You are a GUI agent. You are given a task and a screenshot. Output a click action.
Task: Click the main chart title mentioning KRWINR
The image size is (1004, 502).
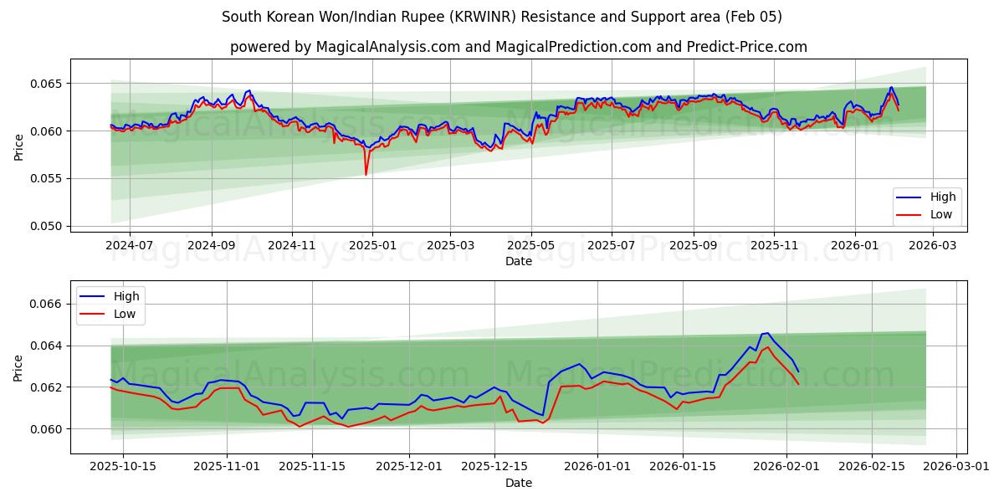point(502,17)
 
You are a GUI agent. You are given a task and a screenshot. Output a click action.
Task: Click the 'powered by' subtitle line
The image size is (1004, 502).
point(519,47)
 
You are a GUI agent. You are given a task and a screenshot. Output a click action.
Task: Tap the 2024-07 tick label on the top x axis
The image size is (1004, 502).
point(130,245)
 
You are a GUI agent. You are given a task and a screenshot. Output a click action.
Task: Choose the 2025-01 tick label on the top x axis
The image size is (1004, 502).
point(371,245)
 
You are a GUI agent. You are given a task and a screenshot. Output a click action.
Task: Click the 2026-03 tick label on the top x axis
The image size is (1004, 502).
point(932,245)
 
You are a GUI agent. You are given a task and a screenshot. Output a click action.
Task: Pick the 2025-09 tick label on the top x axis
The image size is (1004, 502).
point(693,245)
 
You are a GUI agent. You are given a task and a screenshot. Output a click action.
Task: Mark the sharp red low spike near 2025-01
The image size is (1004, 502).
point(366,174)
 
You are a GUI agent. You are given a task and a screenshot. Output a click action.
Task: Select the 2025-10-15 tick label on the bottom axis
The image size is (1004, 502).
point(123,466)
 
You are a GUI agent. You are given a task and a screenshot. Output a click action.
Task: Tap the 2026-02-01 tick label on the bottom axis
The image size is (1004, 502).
point(786,466)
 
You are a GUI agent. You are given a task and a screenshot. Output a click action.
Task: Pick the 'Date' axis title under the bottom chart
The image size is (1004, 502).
point(519,483)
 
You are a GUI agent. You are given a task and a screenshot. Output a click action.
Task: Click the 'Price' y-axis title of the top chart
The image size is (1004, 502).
point(18,146)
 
